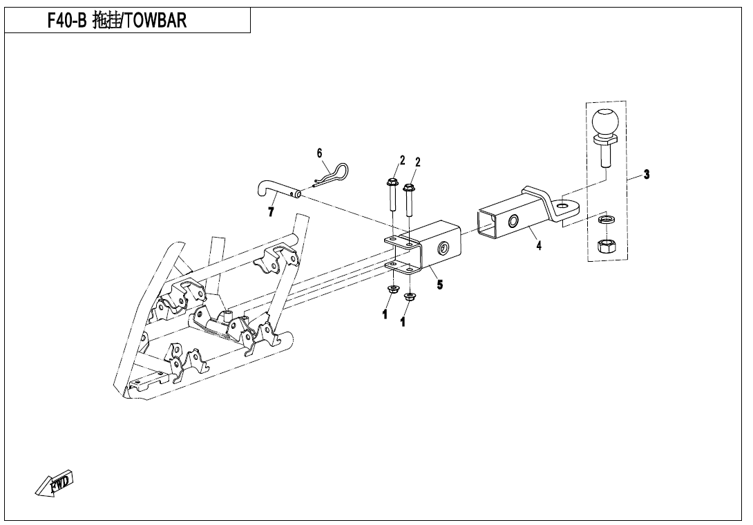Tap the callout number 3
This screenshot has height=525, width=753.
pos(647,174)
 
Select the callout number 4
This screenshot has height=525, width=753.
pos(539,245)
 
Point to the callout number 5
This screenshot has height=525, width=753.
pos(439,285)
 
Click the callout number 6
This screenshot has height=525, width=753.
pos(319,153)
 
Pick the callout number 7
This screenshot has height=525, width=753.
pos(271,211)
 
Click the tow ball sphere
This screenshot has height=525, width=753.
pos(605,122)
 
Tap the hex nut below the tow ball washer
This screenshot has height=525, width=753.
pos(604,247)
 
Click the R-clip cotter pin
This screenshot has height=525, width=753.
pos(330,174)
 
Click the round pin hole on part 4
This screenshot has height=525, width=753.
pos(513,221)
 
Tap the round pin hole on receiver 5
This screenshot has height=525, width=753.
pos(442,247)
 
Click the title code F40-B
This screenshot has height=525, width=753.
pos(66,21)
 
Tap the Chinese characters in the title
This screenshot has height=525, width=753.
pos(106,21)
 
